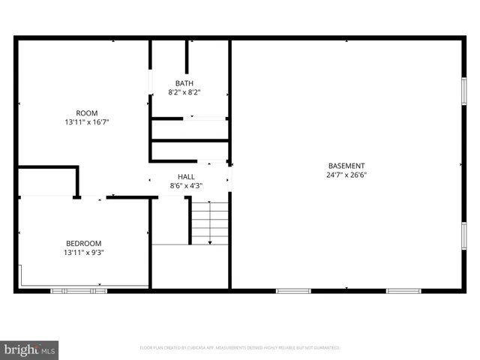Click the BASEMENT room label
346,166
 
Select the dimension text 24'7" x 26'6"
346,175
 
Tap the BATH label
184,83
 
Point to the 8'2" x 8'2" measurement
184,92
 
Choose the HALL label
186,176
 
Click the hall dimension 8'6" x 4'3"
186,185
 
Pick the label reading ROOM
86,113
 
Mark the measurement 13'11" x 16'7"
86,122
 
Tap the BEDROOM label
83,243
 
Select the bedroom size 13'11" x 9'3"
83,253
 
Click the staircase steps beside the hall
210,221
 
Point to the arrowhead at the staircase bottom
210,241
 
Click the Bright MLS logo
30,349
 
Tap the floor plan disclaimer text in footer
240,348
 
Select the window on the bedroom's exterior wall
78,290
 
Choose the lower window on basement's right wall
463,235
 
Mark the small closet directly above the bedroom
47,182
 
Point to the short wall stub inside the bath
187,56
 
